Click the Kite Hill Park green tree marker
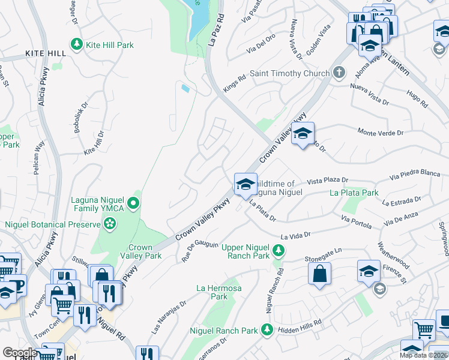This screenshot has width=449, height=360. pyautogui.click(x=76, y=44)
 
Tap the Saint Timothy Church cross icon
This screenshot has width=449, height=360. pyautogui.click(x=339, y=73)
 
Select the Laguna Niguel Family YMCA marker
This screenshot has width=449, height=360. pyautogui.click(x=136, y=204)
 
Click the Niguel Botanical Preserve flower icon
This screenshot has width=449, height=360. pyautogui.click(x=110, y=224)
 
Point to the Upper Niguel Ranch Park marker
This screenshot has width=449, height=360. pyautogui.click(x=277, y=248)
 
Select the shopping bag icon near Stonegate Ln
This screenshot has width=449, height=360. pyautogui.click(x=320, y=274)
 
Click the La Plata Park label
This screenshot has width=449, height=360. pyautogui.click(x=354, y=193)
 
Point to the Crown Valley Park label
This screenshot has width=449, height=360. pyautogui.click(x=145, y=251)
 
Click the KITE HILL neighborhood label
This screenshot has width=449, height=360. pyautogui.click(x=46, y=53)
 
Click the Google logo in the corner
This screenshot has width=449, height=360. pyautogui.click(x=20, y=353)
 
